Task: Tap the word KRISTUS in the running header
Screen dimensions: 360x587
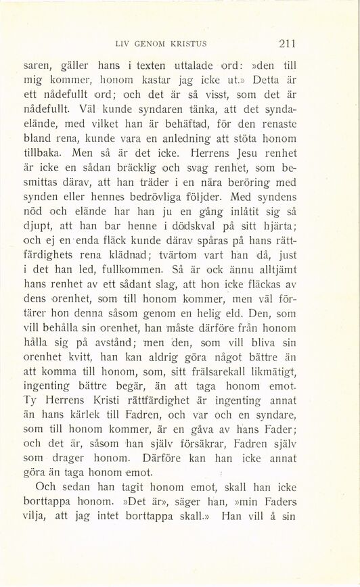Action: pos(185,45)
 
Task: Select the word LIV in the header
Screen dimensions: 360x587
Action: pos(122,45)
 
